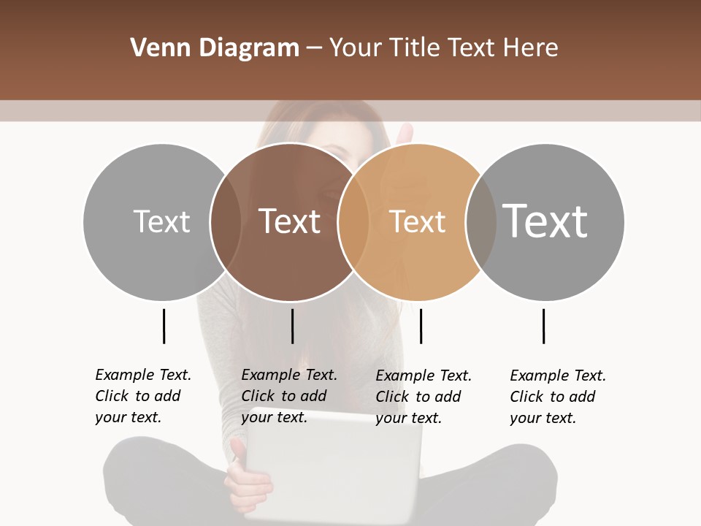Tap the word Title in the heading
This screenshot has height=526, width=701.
[x=414, y=48]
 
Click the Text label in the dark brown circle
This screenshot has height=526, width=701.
[x=290, y=221]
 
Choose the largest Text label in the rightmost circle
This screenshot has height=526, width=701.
[x=545, y=221]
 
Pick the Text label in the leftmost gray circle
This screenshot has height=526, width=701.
[x=161, y=221]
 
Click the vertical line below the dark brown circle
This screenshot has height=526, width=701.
[x=292, y=326]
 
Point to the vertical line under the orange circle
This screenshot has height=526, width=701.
[x=421, y=326]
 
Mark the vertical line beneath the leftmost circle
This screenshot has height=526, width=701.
[x=164, y=326]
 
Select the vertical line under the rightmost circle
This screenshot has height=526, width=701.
[x=543, y=326]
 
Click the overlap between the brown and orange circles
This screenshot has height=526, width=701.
[x=353, y=221]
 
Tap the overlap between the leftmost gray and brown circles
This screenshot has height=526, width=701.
[x=226, y=221]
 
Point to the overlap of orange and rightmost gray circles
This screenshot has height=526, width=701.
[x=480, y=221]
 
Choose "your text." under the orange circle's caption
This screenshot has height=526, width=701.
[x=409, y=418]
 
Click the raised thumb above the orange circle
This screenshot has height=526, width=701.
[x=404, y=135]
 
